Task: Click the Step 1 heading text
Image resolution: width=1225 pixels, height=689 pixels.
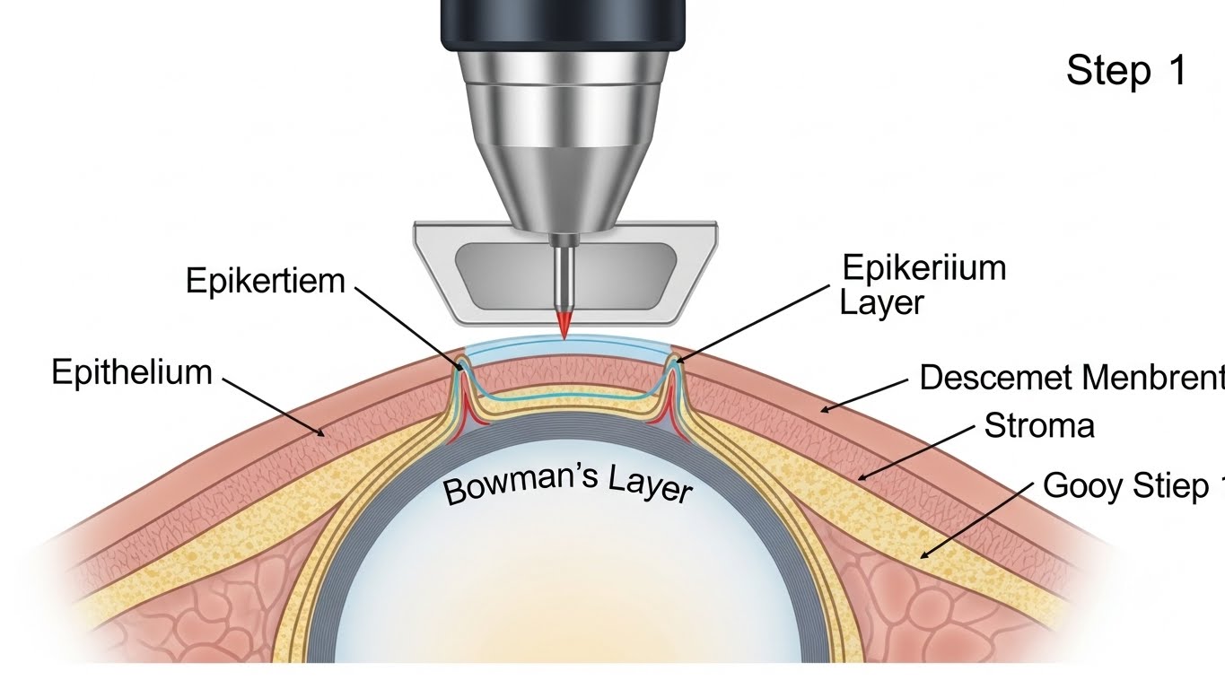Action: click(x=1126, y=70)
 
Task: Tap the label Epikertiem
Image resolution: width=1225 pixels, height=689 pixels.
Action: click(x=265, y=281)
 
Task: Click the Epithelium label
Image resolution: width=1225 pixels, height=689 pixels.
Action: click(x=131, y=371)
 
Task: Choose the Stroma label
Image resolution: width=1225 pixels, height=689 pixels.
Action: click(x=1039, y=425)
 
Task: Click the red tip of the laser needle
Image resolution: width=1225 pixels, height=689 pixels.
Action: click(x=564, y=326)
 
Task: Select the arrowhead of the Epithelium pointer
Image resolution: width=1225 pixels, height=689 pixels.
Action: click(x=323, y=435)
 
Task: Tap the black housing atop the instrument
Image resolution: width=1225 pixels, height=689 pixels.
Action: click(x=564, y=25)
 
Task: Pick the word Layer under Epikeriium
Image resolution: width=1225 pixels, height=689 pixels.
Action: click(x=881, y=302)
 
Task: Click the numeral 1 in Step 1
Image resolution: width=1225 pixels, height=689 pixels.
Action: click(x=1177, y=70)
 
